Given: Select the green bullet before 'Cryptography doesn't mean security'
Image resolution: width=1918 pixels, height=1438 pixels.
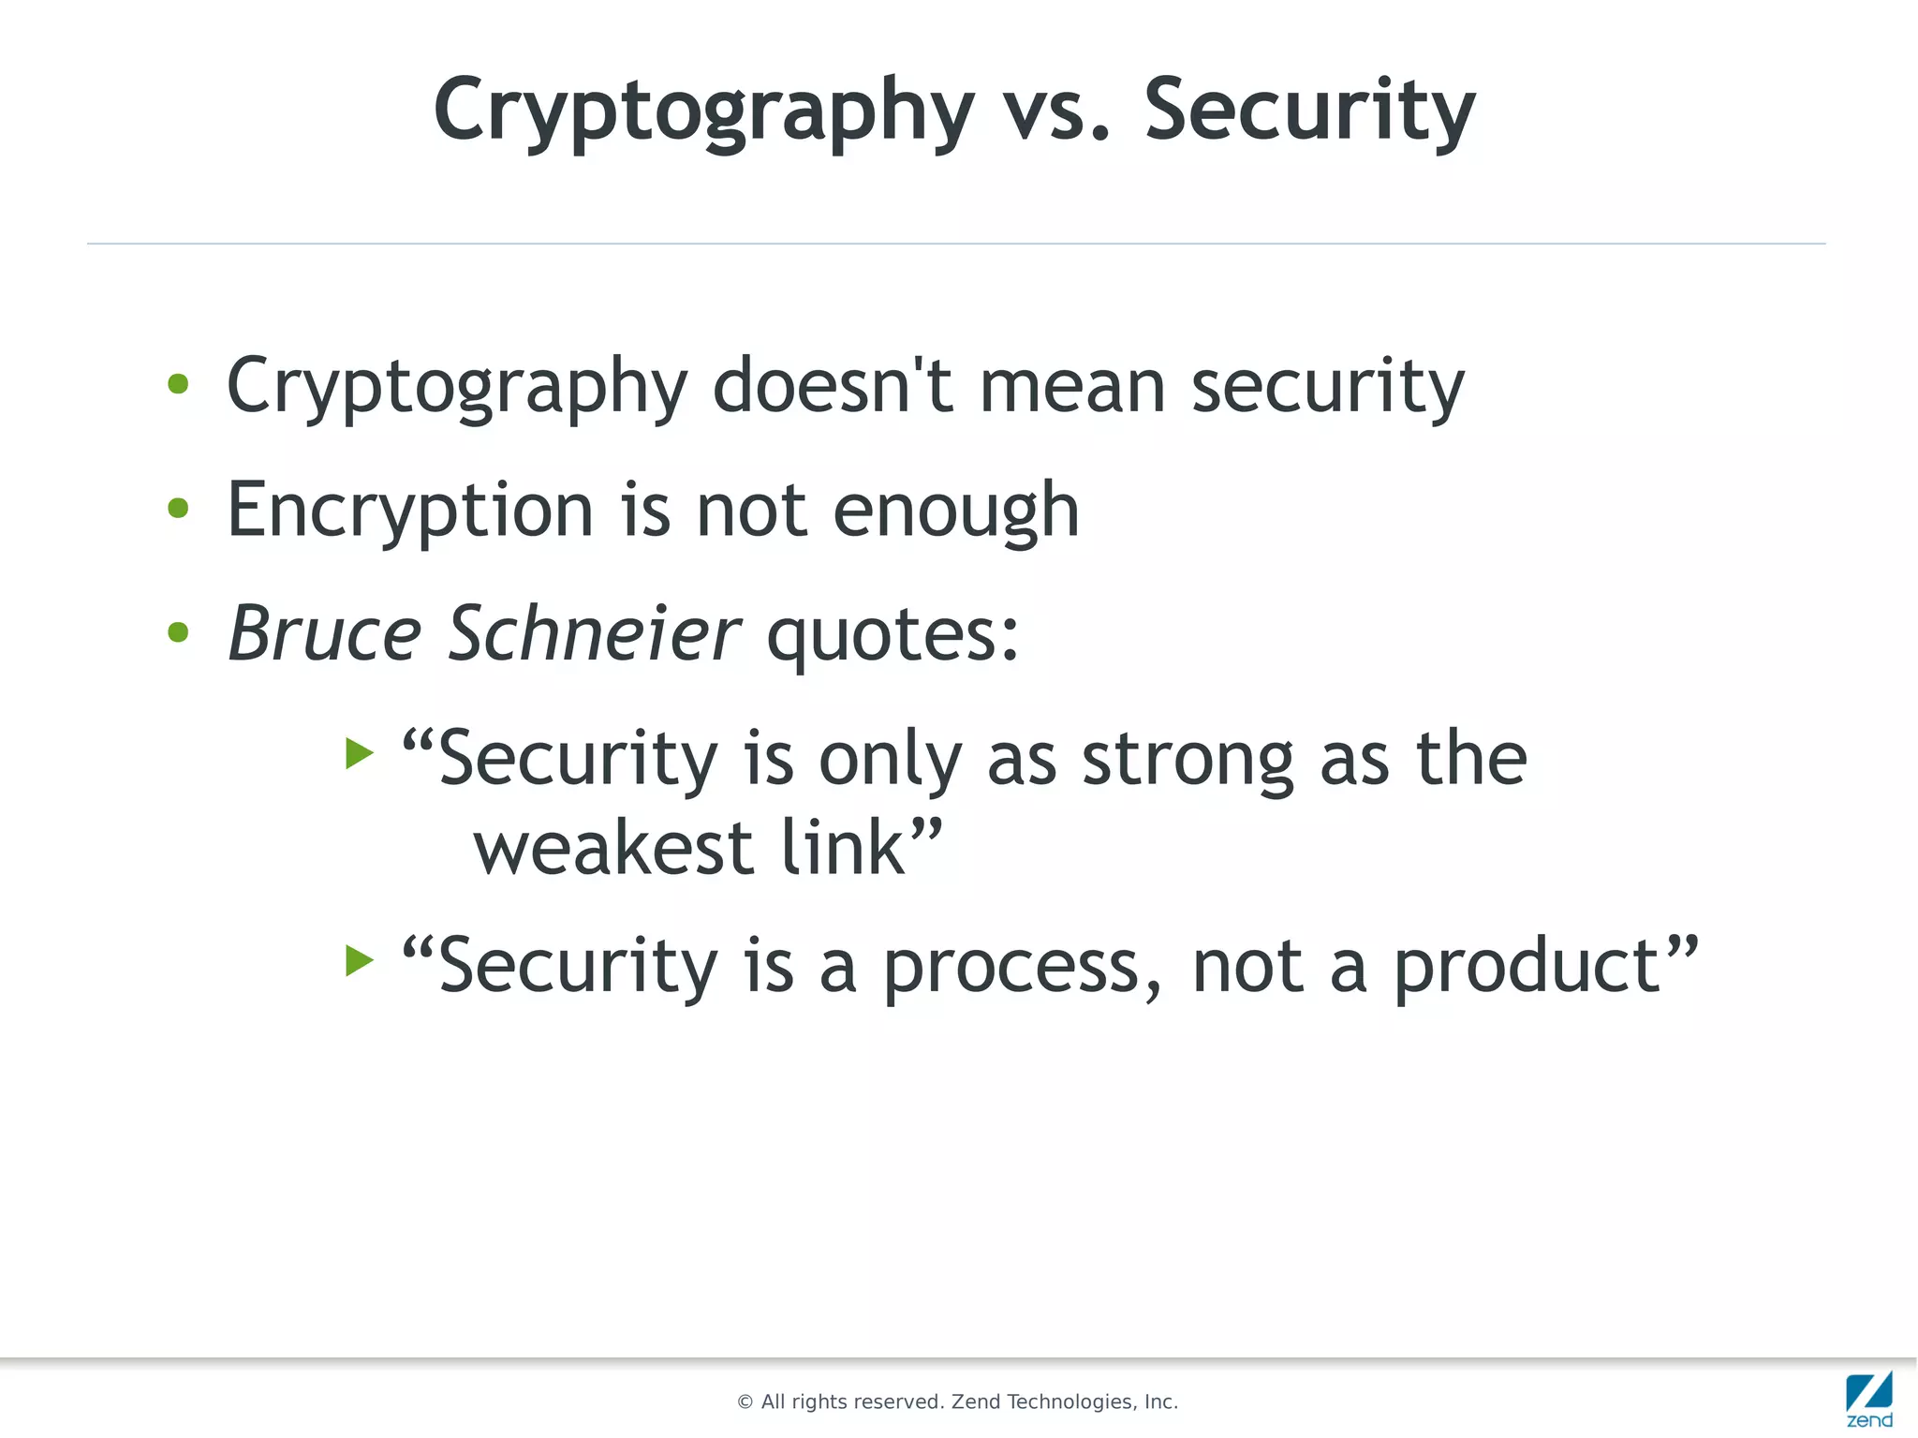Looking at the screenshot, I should [x=178, y=384].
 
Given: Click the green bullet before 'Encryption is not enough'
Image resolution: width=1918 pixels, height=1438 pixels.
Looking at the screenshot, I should [x=178, y=509].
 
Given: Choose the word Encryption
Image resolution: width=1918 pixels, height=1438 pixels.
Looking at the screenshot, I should [x=410, y=511].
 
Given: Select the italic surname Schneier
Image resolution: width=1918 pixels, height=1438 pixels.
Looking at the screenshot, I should [x=595, y=634].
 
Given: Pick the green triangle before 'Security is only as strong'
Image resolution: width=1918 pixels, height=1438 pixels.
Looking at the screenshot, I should [x=359, y=752].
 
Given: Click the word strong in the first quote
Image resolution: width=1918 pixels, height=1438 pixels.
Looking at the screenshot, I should [x=1188, y=759].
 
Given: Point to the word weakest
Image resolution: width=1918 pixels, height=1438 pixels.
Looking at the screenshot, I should [x=613, y=849].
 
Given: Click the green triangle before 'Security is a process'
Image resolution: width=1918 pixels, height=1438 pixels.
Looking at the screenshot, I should [x=359, y=960].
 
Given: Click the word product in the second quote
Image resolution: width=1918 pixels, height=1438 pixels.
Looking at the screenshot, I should [x=1527, y=969].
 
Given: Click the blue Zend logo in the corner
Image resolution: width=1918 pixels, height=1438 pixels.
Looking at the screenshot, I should [x=1869, y=1398].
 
